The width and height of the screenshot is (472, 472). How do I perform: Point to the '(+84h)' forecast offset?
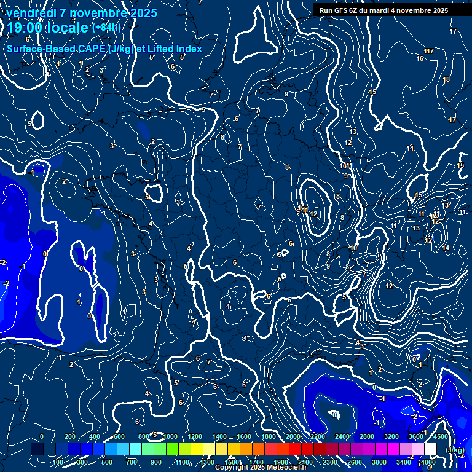(106, 27)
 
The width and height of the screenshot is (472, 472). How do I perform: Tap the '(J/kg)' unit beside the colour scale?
(454, 450)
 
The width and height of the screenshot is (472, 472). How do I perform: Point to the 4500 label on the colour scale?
(441, 436)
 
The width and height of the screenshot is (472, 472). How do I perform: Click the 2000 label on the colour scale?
(293, 436)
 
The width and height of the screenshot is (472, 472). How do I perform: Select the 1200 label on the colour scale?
(194, 436)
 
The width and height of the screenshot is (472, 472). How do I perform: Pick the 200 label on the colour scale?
(69, 436)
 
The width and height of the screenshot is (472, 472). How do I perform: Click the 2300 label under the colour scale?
(330, 462)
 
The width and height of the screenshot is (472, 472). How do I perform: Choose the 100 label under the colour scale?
(58, 462)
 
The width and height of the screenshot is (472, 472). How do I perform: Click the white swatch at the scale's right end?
(430, 449)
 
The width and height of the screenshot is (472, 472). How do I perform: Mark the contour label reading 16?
(420, 59)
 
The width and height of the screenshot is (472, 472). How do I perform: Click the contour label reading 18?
(446, 79)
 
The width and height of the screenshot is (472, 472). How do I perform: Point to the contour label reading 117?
(429, 51)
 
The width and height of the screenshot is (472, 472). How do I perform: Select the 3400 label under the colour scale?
(404, 462)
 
